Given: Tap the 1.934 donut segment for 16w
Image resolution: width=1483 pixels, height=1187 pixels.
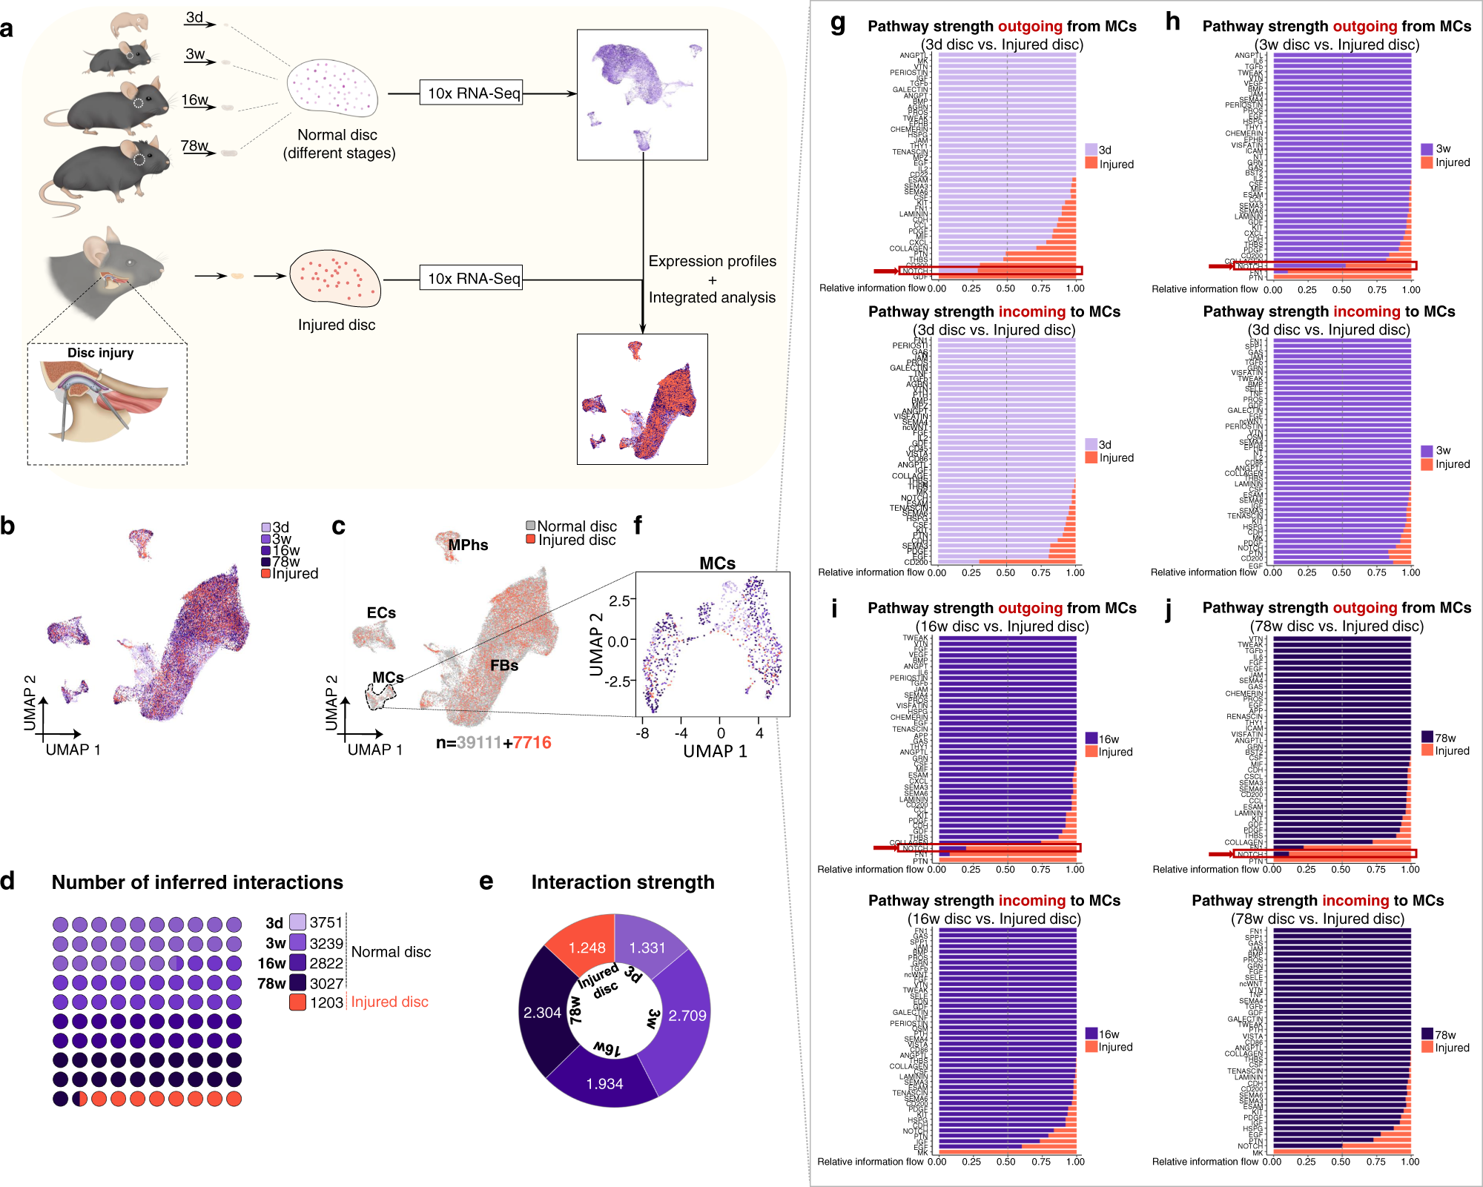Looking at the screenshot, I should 604,1083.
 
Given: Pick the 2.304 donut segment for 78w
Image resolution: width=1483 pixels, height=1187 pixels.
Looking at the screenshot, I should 542,1012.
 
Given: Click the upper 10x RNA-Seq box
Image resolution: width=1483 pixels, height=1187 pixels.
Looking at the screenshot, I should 472,93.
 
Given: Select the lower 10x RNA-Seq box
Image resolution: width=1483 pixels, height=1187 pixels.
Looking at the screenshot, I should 472,279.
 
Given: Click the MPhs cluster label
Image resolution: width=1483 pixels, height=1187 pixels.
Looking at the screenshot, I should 468,545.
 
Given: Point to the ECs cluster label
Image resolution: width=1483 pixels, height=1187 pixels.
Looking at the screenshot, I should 381,613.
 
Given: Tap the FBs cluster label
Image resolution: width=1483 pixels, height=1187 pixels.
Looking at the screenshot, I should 504,666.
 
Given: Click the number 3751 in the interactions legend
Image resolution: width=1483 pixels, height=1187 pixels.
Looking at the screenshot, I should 326,922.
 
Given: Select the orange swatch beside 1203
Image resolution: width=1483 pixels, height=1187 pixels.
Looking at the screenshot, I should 298,1002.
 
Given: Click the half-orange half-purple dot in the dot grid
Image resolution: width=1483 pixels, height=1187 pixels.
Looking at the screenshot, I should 80,1099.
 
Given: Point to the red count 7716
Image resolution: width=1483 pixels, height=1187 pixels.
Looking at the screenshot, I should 532,743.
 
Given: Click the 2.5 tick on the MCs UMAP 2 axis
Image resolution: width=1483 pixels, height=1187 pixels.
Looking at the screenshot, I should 620,601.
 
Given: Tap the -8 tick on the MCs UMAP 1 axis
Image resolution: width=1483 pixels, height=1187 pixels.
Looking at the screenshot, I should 642,733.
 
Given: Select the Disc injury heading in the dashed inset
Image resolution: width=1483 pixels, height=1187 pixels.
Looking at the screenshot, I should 101,353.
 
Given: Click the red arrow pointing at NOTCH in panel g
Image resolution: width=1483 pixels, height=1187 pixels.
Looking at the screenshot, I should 885,271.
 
